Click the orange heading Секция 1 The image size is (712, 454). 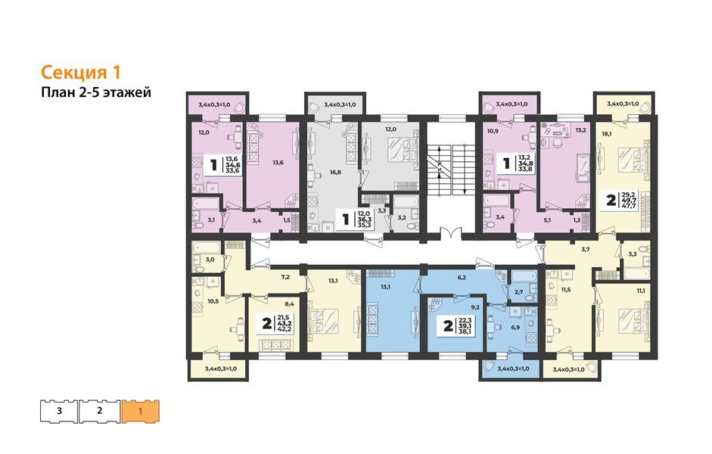pyautogui.click(x=80, y=73)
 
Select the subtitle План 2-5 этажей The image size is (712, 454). pyautogui.click(x=96, y=93)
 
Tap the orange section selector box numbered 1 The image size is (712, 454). pyautogui.click(x=141, y=411)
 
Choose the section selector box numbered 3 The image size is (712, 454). pyautogui.click(x=59, y=411)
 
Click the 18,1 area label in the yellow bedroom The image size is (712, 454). pyautogui.click(x=607, y=133)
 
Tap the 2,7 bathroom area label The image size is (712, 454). pyautogui.click(x=519, y=291)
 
